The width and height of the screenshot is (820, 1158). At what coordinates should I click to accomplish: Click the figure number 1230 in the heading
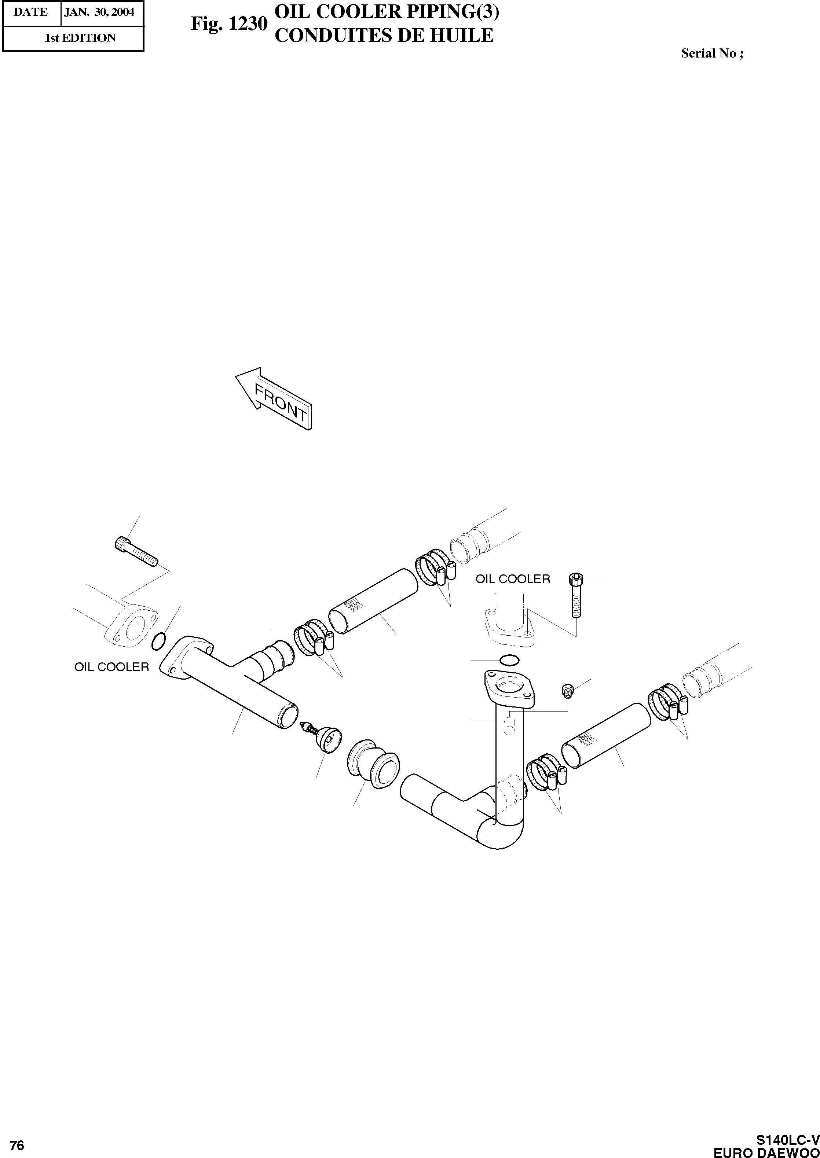(x=228, y=24)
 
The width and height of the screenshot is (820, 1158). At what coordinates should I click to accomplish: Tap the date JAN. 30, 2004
(x=99, y=12)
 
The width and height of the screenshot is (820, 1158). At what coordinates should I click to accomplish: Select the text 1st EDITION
(x=80, y=38)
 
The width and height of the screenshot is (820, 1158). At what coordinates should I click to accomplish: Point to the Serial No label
(x=711, y=54)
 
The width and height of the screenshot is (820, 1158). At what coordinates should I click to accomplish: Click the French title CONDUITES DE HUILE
(x=383, y=35)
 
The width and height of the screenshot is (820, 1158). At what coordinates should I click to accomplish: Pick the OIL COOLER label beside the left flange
(x=111, y=667)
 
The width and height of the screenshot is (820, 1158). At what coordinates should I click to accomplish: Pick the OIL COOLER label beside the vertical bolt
(x=513, y=579)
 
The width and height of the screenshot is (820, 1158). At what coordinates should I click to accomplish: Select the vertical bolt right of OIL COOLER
(x=575, y=595)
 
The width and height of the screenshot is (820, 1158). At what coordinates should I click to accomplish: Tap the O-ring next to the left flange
(x=158, y=641)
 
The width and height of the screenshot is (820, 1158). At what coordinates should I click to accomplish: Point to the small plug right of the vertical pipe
(x=568, y=690)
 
